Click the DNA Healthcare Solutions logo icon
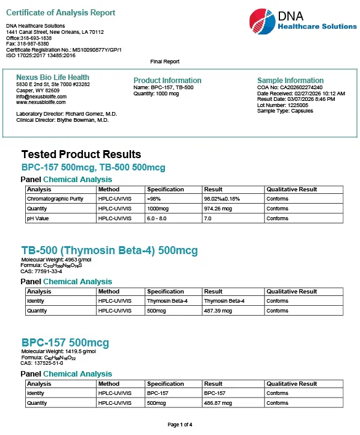262,22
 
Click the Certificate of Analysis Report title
60,13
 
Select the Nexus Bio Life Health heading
52,78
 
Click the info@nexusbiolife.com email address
40,97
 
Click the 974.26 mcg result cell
218,209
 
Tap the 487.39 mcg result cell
218,311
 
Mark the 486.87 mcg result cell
218,403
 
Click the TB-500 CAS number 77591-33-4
44,271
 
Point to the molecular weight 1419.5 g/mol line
58,351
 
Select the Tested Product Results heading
81,154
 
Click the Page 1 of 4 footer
180,425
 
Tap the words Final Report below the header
165,62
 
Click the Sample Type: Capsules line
285,111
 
